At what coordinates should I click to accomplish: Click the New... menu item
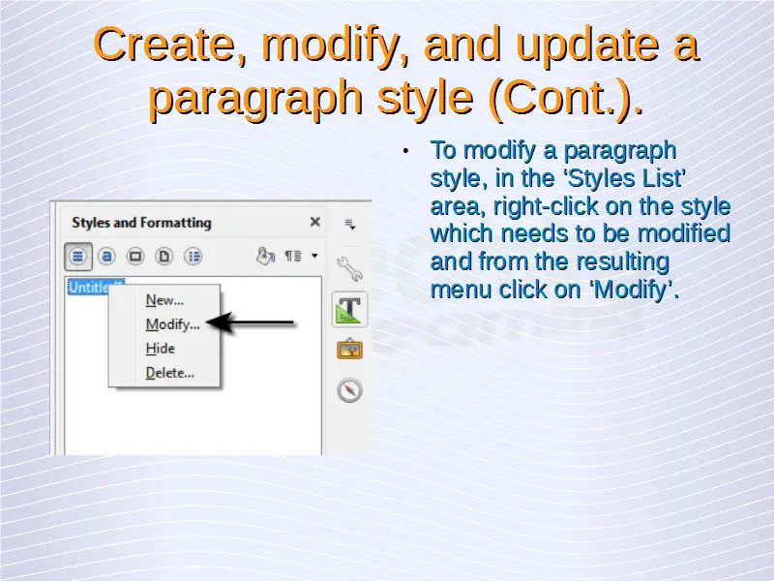pyautogui.click(x=164, y=300)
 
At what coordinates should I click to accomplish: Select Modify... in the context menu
pyautogui.click(x=173, y=324)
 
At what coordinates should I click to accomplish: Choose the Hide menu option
pyautogui.click(x=160, y=349)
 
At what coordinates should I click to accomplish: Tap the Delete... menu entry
pyautogui.click(x=170, y=373)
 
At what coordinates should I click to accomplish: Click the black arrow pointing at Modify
pyautogui.click(x=250, y=323)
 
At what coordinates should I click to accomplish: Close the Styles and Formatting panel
pyautogui.click(x=315, y=222)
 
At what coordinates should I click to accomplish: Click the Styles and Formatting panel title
pyautogui.click(x=141, y=223)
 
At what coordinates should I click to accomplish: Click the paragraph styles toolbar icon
pyautogui.click(x=78, y=257)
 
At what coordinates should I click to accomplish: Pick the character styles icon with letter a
pyautogui.click(x=106, y=257)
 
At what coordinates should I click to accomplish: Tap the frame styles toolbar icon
pyautogui.click(x=135, y=257)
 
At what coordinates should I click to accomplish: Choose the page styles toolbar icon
pyautogui.click(x=164, y=257)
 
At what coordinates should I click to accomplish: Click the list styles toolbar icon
pyautogui.click(x=193, y=257)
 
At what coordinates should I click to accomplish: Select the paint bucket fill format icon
pyautogui.click(x=265, y=256)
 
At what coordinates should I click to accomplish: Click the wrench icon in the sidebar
pyautogui.click(x=350, y=268)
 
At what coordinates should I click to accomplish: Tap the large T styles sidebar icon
pyautogui.click(x=350, y=310)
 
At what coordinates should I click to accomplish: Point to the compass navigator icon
pyautogui.click(x=350, y=390)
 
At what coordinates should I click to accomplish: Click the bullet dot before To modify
pyautogui.click(x=405, y=151)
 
